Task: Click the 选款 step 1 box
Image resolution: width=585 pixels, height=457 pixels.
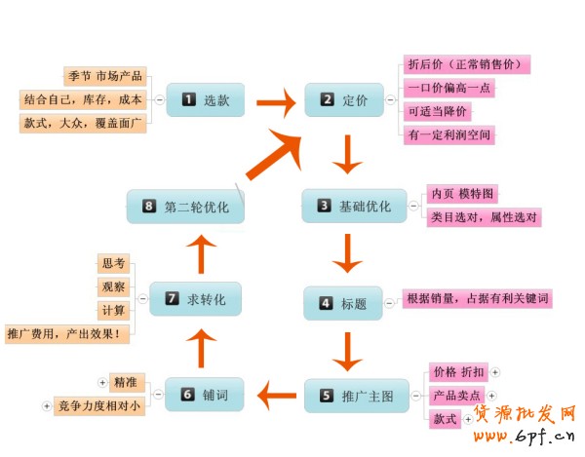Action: (x=205, y=99)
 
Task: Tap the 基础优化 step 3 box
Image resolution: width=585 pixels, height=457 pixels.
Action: (x=354, y=207)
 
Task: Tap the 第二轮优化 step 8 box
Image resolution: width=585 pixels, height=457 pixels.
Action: (x=185, y=207)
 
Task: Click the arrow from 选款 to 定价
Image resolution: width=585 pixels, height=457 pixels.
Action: (x=276, y=100)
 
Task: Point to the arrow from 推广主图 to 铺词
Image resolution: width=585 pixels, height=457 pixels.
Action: (x=277, y=396)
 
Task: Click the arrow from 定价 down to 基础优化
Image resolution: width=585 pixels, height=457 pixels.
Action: (x=346, y=153)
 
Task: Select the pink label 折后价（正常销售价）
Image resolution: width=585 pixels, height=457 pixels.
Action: (x=466, y=64)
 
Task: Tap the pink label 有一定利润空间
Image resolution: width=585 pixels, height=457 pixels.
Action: (x=449, y=133)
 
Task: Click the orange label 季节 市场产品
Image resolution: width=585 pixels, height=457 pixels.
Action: (x=105, y=75)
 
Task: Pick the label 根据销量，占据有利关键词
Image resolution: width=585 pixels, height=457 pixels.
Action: (x=479, y=298)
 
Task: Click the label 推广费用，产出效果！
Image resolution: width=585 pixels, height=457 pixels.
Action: (x=68, y=333)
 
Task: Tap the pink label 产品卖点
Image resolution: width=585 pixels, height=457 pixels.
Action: (x=457, y=395)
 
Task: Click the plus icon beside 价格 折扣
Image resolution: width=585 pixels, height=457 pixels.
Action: (x=494, y=372)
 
